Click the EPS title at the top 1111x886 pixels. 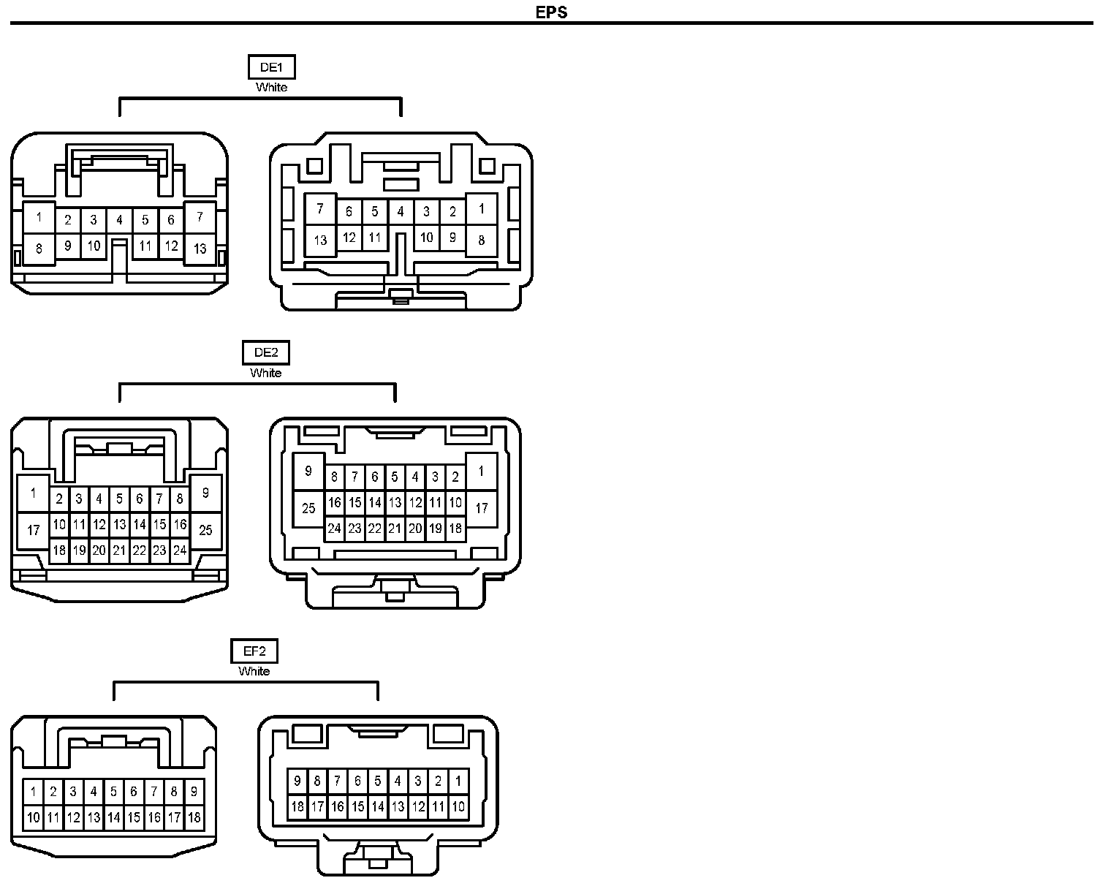551,12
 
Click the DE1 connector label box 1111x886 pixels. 271,68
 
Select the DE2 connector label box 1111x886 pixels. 265,352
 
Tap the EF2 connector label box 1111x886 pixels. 254,651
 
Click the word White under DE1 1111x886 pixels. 271,87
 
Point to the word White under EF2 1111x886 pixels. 254,671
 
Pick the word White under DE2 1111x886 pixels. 265,373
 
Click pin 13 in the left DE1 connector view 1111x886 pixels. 200,249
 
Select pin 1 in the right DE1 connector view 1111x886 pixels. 481,209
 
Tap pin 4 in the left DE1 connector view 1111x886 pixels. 119,219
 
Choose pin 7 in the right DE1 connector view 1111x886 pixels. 320,210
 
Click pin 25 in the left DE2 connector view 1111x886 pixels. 205,529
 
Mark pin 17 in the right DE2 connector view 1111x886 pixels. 481,507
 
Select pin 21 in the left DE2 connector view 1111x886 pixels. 119,550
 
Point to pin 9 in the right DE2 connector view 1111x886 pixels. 308,471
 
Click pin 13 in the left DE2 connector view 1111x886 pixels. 119,524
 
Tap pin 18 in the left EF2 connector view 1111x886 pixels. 194,817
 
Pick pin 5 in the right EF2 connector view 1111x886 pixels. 377,781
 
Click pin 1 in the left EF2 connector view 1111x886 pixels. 33,791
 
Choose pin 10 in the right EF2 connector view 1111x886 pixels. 458,807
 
